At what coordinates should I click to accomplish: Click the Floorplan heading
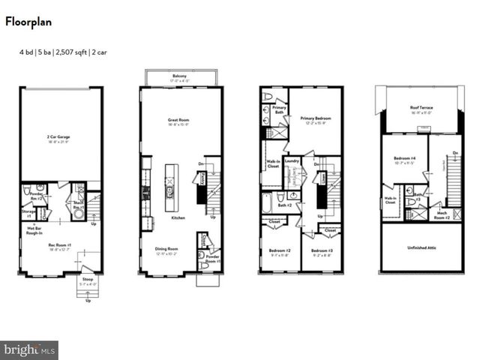coord(28,22)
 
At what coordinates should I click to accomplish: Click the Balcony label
coord(180,76)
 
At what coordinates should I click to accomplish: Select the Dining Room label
coord(166,249)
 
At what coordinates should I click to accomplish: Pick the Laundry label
coord(292,159)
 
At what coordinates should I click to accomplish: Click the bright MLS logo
coord(30,349)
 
